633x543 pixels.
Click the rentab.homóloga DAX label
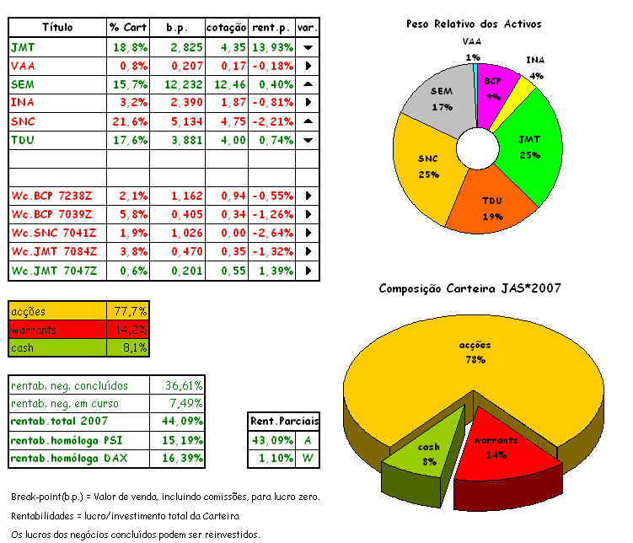pos(64,459)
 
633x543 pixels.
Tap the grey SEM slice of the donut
pos(440,99)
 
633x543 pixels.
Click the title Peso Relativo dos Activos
pos(474,25)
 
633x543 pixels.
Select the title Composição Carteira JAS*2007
pos(470,288)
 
